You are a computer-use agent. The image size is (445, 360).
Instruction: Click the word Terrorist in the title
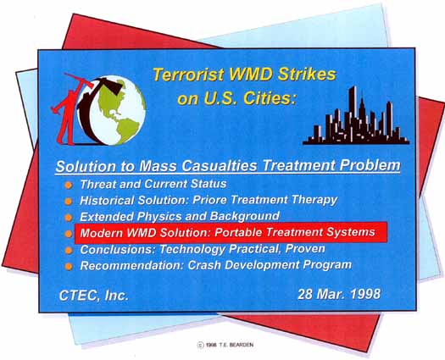tap(188, 75)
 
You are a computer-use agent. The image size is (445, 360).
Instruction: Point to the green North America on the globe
tap(112, 97)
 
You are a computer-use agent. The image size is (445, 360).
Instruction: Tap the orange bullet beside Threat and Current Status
tap(68, 186)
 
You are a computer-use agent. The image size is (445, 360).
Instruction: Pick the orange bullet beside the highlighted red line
tap(68, 234)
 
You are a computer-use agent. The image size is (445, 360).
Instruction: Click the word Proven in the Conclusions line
tap(305, 249)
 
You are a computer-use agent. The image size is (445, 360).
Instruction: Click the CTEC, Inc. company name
tap(93, 296)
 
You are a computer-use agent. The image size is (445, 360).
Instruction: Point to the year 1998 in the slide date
tap(365, 294)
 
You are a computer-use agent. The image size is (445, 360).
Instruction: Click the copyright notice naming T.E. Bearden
tap(225, 345)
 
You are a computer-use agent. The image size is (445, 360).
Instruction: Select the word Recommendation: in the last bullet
tap(132, 265)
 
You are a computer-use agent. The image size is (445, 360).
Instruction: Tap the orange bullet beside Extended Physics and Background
tap(68, 218)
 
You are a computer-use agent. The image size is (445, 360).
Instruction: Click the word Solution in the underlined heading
tap(86, 167)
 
